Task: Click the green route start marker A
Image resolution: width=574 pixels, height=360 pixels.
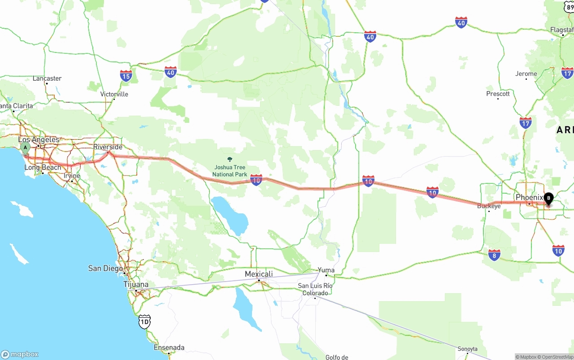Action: coord(26,147)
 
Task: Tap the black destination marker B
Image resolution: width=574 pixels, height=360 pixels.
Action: coord(548,198)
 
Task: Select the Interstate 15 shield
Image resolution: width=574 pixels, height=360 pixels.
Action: coord(126,75)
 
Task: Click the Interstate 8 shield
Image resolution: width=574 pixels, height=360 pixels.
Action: coord(494,255)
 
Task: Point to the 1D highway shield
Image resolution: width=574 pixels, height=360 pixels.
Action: coord(144,321)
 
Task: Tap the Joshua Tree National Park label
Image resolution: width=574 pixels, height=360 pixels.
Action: coord(230,171)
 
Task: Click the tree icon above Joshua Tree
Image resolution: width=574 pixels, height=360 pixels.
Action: coord(230,160)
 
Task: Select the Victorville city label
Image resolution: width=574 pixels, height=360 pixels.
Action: coord(114,94)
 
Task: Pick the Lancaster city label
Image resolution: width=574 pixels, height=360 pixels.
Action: coord(47,78)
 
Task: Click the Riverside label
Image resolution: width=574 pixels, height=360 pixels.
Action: coord(108,147)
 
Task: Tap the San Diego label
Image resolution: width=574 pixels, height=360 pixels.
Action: coord(105,268)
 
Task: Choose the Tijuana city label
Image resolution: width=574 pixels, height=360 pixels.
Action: coord(136,284)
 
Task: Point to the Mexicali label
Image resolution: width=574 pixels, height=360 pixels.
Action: coord(259,274)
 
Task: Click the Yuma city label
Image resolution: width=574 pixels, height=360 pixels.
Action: coord(326,270)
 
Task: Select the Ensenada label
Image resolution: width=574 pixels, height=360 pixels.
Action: coord(169,347)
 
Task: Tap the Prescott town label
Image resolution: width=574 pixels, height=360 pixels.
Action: coord(498,94)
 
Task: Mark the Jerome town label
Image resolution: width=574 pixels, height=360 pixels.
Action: coord(526,74)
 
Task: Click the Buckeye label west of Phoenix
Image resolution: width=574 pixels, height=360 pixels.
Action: coord(489,206)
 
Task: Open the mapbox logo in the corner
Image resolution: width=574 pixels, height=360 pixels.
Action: coord(20,354)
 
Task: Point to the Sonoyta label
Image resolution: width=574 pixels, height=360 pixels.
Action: coord(467,349)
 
